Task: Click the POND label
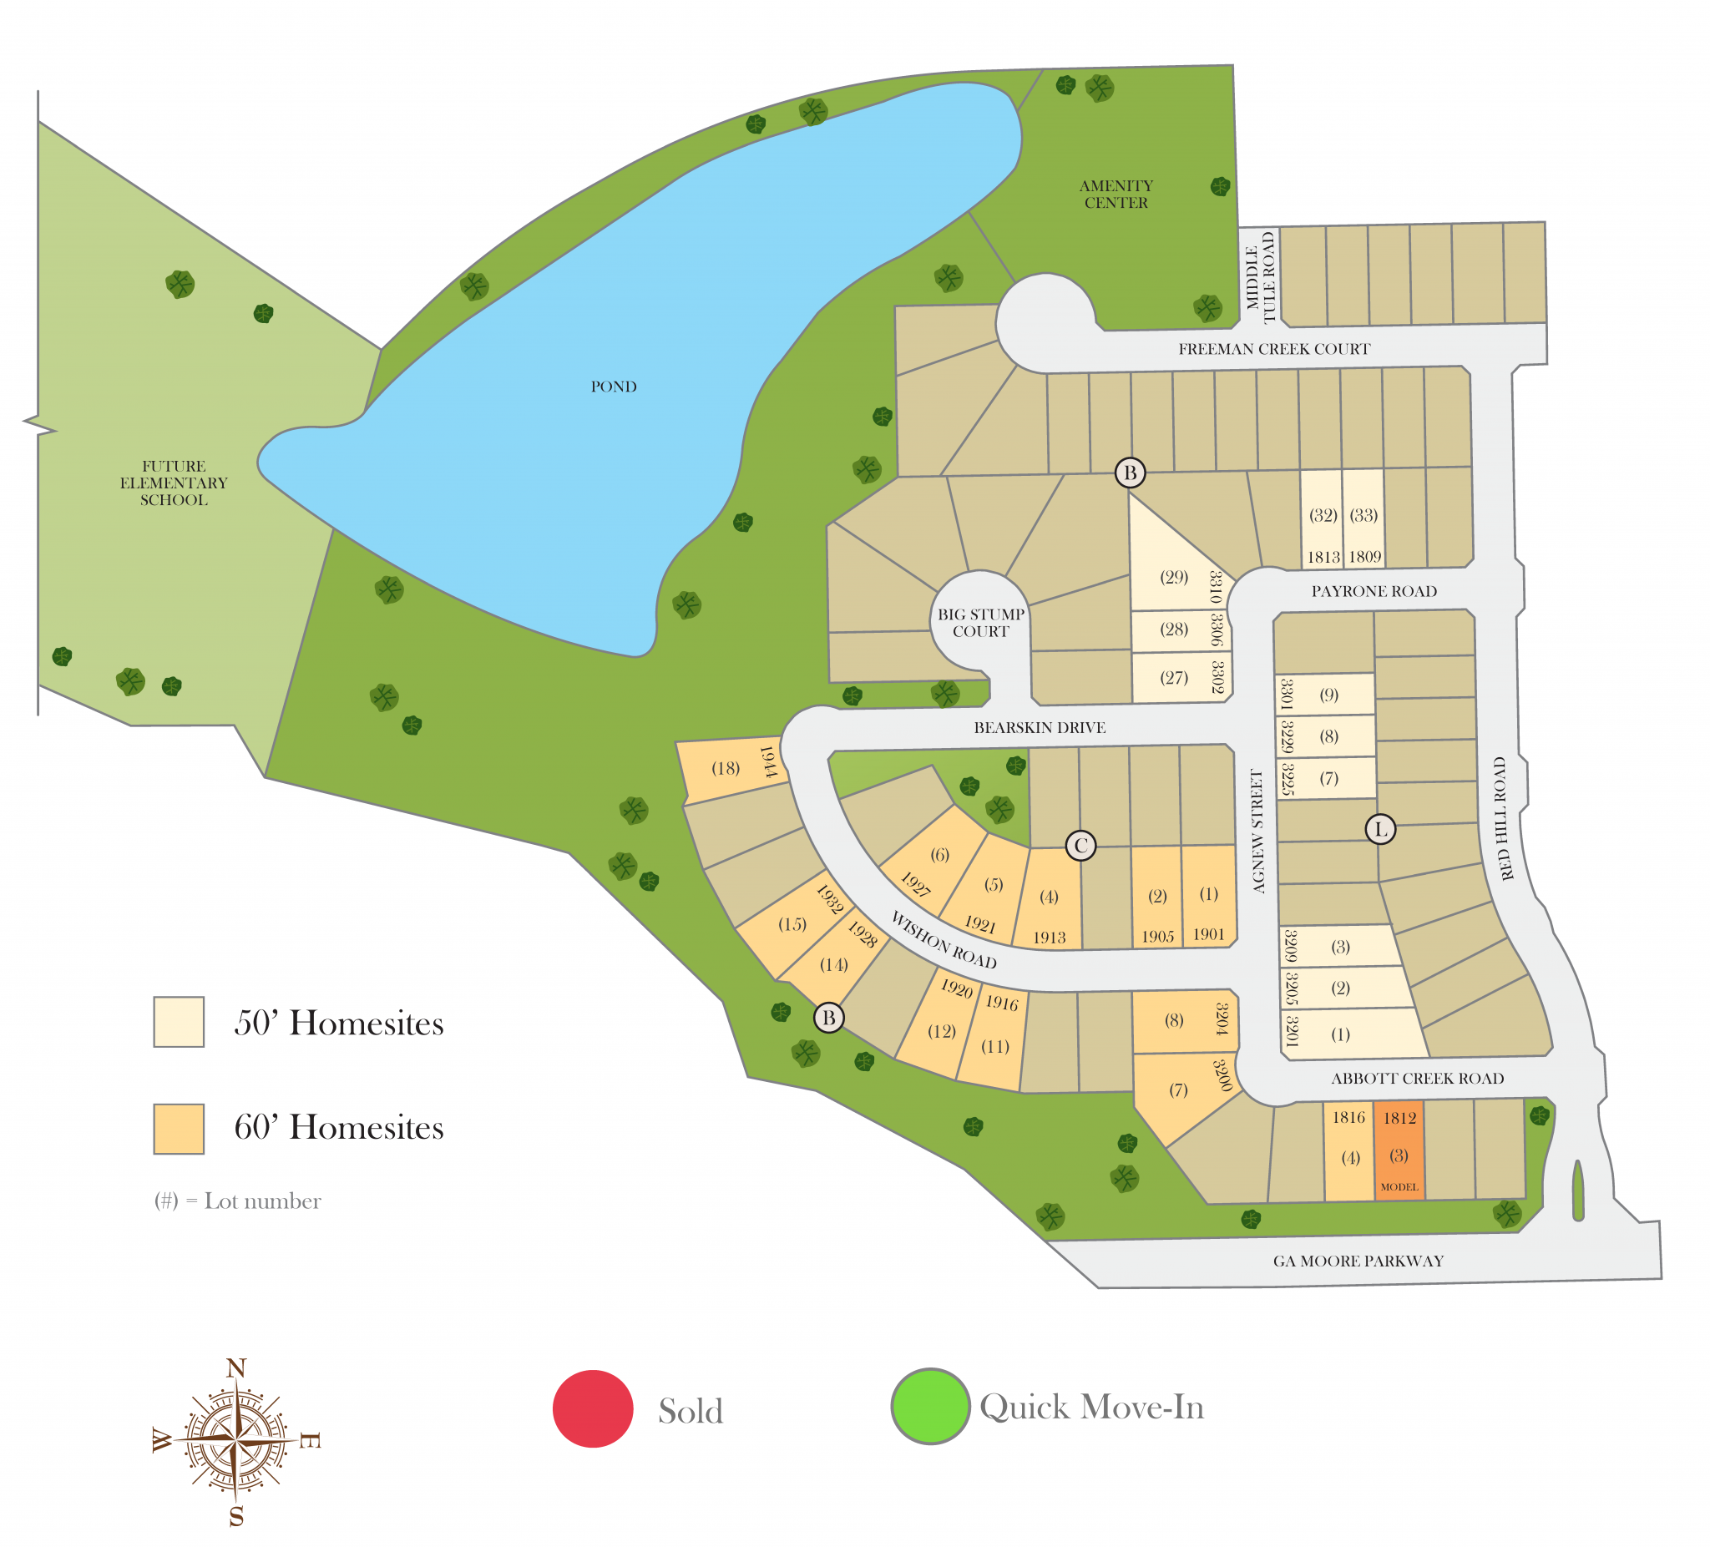(613, 387)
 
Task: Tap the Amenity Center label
(1116, 195)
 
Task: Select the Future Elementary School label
(174, 483)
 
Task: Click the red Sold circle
(593, 1408)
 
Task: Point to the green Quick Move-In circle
(929, 1405)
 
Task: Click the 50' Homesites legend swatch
(178, 1021)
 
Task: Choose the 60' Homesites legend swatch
(178, 1128)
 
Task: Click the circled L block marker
(1380, 829)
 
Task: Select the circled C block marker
(1080, 845)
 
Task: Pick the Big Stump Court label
(980, 623)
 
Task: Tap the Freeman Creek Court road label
(1273, 349)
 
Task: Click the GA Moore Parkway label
(1357, 1261)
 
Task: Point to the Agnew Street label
(1257, 831)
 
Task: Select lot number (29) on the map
(1174, 577)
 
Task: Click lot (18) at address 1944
(726, 767)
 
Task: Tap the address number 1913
(1050, 938)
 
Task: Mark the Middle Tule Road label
(1260, 277)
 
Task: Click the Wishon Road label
(944, 940)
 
